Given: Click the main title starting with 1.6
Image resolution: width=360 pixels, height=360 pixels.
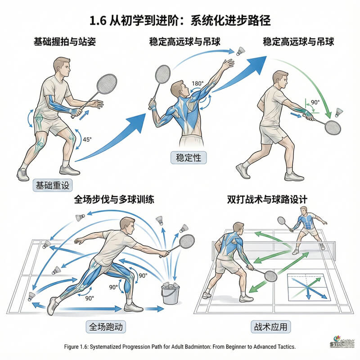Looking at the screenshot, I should pos(180,21).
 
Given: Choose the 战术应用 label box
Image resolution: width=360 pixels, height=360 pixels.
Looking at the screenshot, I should pos(269,326).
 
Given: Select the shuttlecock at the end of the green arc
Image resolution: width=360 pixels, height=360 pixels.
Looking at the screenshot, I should pos(338,112).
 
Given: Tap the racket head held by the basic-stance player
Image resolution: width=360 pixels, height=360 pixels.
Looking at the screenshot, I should pos(107,84).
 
